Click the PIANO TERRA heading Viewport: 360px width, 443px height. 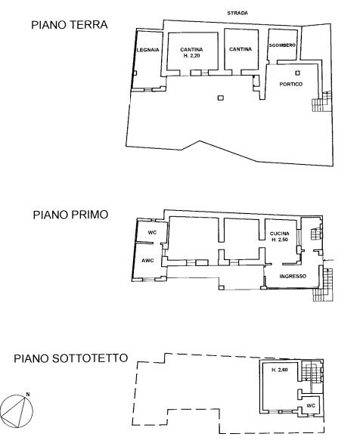pos(69,24)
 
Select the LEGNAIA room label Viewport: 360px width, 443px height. pos(148,50)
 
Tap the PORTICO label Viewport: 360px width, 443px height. pos(290,84)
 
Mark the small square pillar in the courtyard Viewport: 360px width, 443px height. pos(219,98)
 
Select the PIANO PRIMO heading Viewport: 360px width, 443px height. pos(70,214)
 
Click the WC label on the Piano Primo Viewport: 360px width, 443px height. pos(151,231)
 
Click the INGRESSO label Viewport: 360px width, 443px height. pos(293,276)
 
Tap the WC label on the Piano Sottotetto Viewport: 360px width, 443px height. pos(310,406)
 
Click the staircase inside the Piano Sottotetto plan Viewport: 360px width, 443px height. pos(308,371)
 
